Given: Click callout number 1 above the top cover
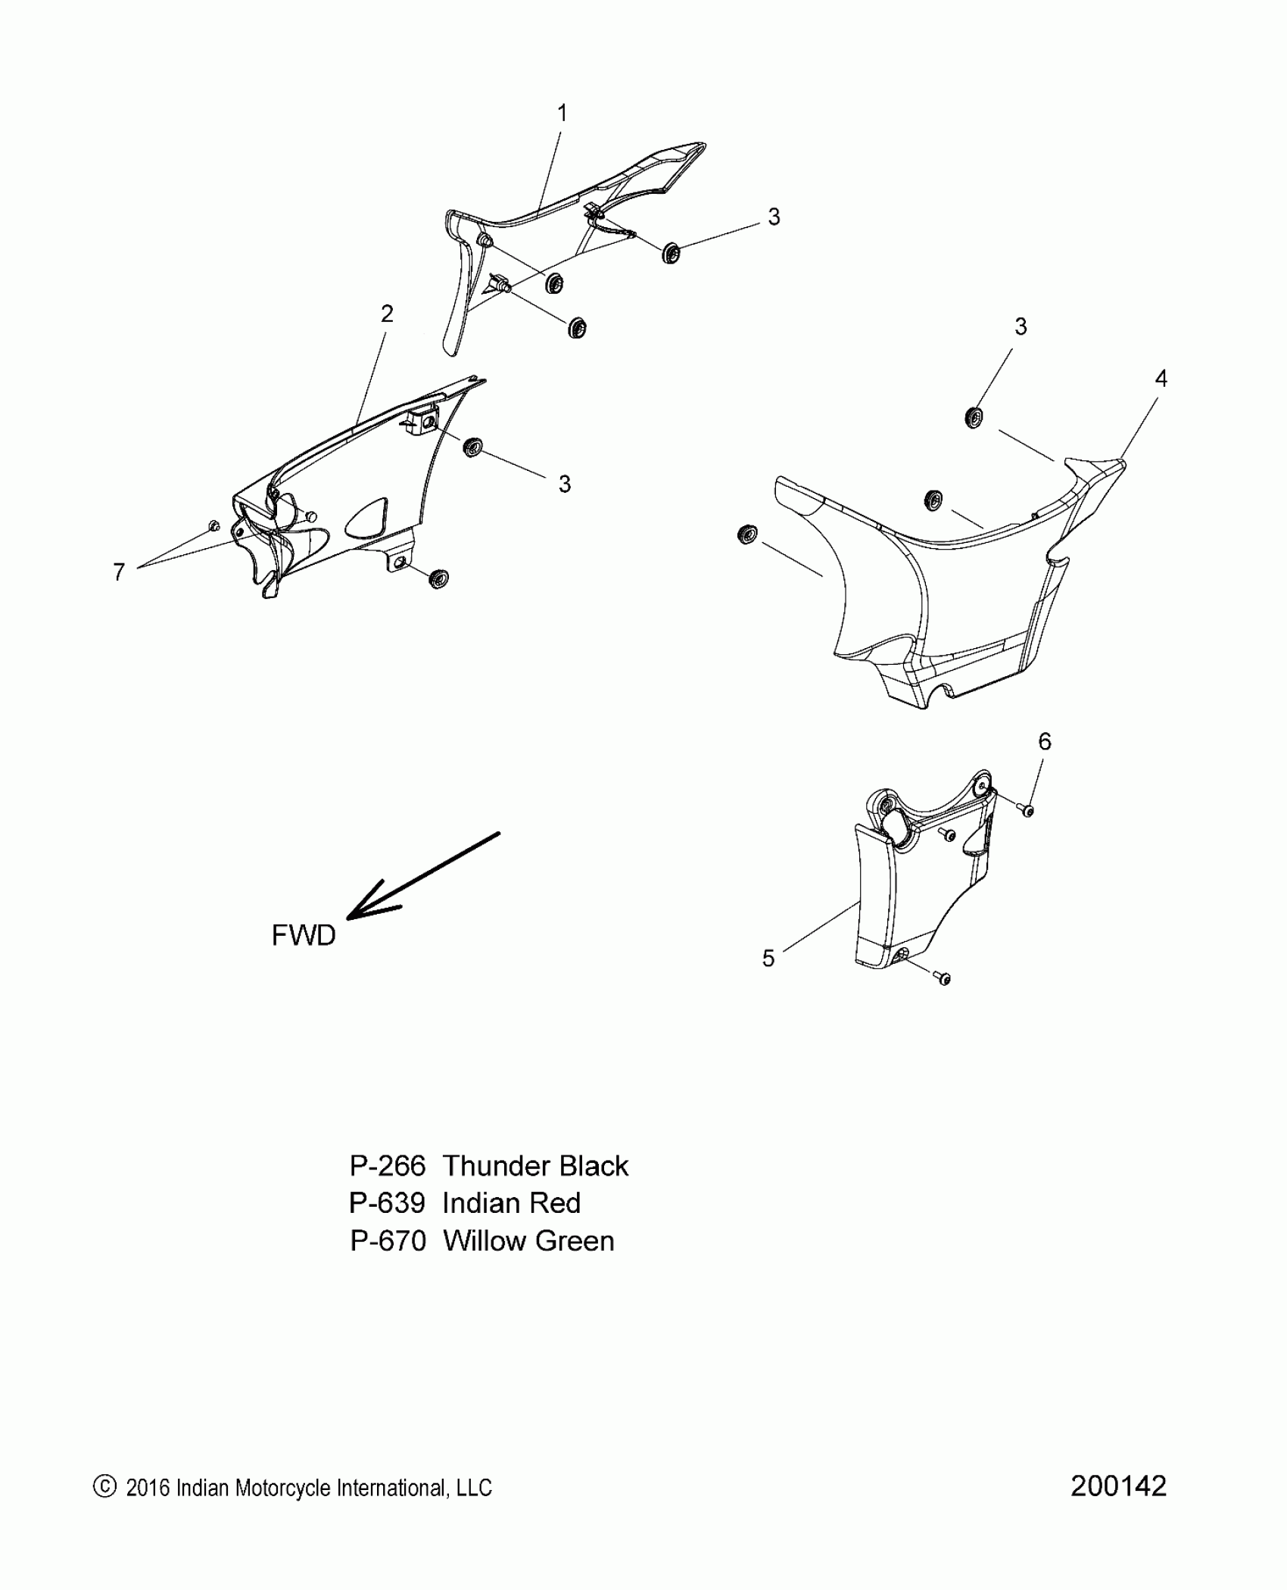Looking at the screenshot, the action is point(562,114).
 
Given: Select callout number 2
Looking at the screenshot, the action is point(387,313).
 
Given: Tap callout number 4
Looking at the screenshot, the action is point(1161,379).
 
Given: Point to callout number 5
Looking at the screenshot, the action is point(768,959).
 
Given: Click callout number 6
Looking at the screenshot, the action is point(1045,741).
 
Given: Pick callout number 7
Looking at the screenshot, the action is point(119,572).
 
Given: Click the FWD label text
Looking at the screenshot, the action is point(304,936).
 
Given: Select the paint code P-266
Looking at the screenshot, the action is point(388,1167).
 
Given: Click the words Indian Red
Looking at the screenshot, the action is point(512,1204).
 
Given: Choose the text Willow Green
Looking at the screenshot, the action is point(528,1241).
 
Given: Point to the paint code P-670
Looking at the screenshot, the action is point(388,1241).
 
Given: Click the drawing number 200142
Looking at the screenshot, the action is point(1118,1486).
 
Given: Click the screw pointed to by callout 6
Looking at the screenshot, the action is point(1027,810).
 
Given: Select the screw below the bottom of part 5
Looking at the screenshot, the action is point(943,979).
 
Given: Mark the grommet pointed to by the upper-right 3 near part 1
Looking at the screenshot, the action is point(670,253).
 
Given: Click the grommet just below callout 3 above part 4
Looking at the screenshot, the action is point(974,416).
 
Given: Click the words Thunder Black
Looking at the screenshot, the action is point(535,1167).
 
